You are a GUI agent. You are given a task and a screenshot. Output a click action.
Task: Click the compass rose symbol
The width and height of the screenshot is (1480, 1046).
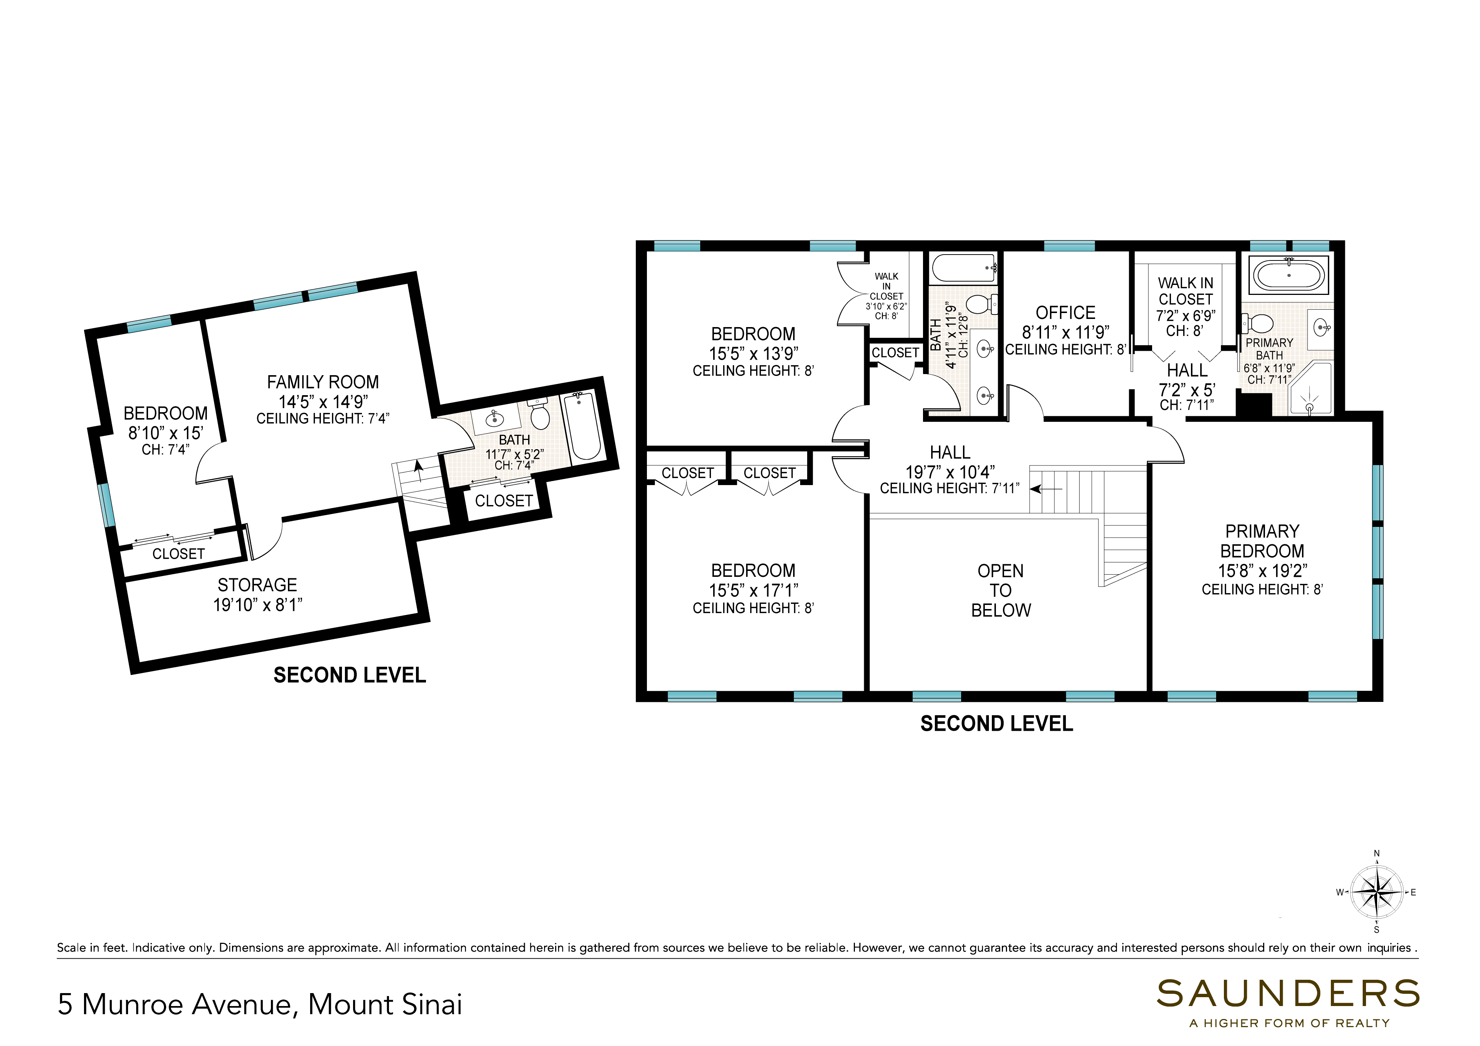coord(1376,892)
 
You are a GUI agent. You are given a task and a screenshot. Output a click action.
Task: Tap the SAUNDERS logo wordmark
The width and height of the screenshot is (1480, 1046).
coord(1288,994)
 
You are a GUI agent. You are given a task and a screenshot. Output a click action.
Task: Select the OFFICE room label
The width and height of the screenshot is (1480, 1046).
coord(1065,313)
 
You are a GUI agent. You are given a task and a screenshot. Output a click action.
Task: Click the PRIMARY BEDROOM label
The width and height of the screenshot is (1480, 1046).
coord(1262,541)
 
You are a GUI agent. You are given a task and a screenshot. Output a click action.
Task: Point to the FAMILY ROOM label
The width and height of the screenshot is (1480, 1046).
coord(323,382)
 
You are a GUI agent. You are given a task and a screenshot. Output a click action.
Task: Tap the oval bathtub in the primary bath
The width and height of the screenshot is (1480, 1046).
coord(1289,275)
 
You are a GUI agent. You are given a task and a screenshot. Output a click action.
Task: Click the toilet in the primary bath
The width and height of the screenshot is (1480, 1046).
coord(1258,323)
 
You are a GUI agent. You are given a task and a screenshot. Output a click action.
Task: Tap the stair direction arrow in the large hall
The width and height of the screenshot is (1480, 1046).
coord(1046,489)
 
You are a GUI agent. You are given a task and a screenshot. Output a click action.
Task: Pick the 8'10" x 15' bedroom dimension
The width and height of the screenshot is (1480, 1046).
coord(166,433)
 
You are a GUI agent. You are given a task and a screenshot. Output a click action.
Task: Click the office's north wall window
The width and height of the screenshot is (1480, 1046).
coord(1069,246)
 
